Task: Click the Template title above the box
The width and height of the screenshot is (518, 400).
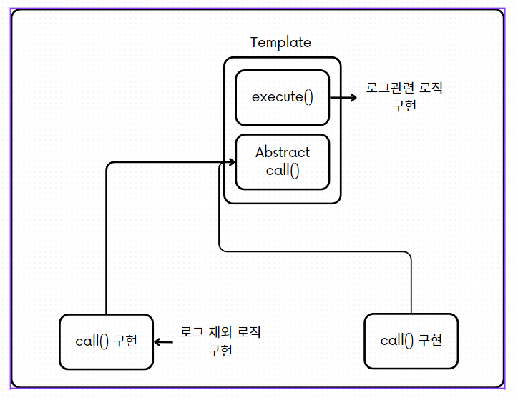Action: [280, 42]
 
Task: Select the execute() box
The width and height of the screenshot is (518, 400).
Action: [282, 97]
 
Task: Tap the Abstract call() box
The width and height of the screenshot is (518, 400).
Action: [282, 161]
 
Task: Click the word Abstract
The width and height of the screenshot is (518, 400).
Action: [283, 152]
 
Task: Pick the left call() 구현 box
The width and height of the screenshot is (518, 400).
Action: [106, 341]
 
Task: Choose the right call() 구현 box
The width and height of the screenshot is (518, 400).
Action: [411, 340]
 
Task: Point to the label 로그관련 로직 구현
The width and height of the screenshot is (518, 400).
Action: [404, 96]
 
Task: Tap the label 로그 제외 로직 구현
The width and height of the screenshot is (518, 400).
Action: [220, 341]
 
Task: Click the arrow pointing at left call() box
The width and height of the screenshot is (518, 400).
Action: [160, 342]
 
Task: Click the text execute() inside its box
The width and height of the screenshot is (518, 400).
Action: [282, 97]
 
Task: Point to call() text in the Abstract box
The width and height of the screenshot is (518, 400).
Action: [283, 171]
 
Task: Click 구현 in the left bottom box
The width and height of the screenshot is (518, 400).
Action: [125, 341]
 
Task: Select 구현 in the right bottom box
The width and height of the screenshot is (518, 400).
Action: [430, 340]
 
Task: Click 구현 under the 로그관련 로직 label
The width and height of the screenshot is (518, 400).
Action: [404, 106]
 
